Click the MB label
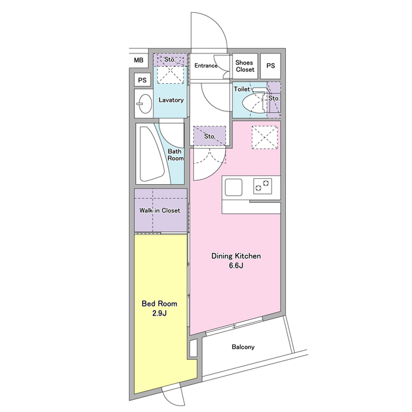pos(138,60)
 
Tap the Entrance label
pos(206,66)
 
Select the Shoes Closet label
pos(245,66)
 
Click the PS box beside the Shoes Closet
pos(270,66)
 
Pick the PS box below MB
pos(142,80)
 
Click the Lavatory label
pos(171,100)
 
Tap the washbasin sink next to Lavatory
pos(144,103)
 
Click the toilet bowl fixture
pos(254,101)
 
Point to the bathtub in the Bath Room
pos(151,154)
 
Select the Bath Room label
pos(175,154)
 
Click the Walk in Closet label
pos(160,211)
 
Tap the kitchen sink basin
pos(234,187)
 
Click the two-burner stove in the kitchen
pos(263,186)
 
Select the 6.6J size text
pos(236,265)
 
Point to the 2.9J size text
pos(159,314)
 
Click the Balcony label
pos(243,347)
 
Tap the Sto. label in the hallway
pos(210,136)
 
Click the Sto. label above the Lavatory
pos(170,60)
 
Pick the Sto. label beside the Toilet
pos(274,98)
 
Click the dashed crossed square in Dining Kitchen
pos(265,138)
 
